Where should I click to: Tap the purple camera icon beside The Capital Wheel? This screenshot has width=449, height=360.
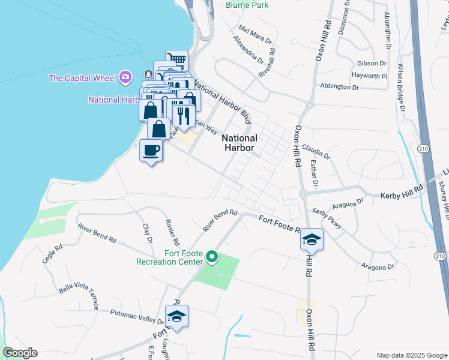coord(125,77)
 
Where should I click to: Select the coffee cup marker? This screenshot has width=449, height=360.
coord(151,150)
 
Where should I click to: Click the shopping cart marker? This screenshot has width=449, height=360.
coord(177,59)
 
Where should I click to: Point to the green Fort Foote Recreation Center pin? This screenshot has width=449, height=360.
coord(211,257)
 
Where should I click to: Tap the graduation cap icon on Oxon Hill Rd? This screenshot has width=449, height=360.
coord(312,239)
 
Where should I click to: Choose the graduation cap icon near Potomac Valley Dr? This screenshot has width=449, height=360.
coord(177,316)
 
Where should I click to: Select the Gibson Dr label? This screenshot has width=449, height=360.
coord(371,63)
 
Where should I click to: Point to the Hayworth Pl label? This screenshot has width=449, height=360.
coord(370,76)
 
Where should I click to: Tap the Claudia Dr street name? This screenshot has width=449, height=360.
coord(316,151)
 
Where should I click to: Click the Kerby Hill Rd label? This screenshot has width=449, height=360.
coord(402,196)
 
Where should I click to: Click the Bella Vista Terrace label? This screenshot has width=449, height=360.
coord(79,296)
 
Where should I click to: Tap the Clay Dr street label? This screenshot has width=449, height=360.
coord(146,233)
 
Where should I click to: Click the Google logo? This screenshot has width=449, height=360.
coord(20,353)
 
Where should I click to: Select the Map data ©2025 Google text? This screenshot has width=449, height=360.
coord(411,355)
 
